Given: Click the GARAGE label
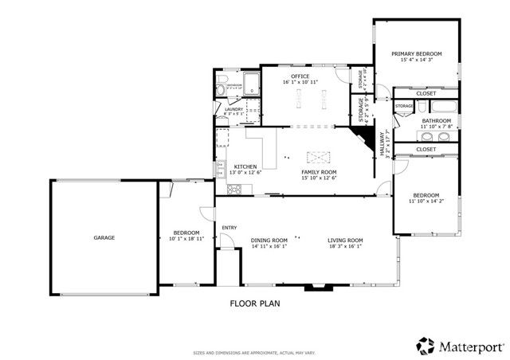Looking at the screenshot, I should coord(104,237).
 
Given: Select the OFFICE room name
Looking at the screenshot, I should coord(300,76).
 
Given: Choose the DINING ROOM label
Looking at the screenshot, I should coord(269,241).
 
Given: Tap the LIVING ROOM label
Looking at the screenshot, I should coord(345,241).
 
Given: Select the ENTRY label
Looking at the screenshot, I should coord(229,228).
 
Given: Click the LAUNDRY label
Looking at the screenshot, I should coord(234,108).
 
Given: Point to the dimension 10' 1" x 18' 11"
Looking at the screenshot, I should coord(185,238).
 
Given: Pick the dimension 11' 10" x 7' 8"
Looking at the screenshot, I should coord(436,126).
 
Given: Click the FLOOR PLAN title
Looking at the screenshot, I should coord(254,303).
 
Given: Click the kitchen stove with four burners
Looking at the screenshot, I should coord(235,189).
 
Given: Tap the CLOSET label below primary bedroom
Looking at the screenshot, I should coord(426,93).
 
